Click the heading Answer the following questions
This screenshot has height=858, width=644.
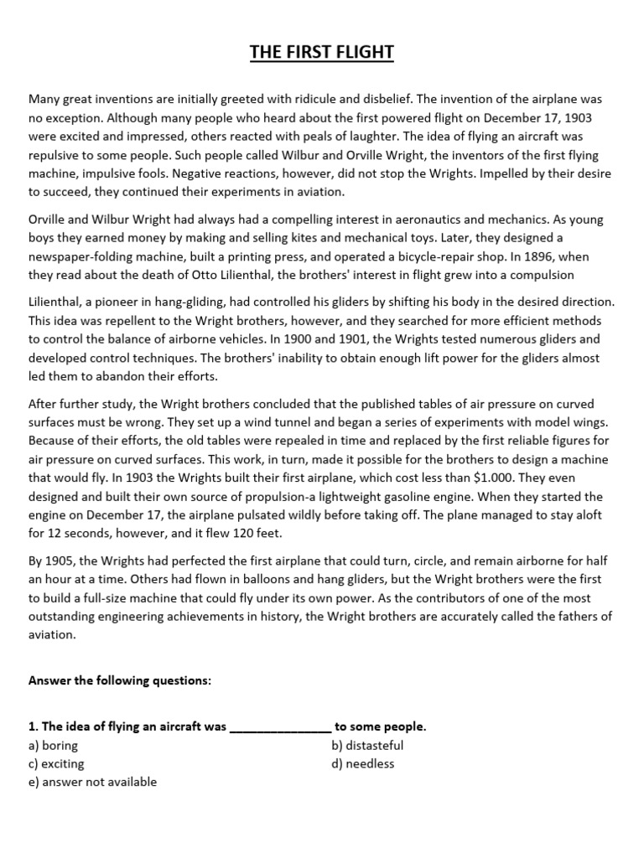(x=120, y=681)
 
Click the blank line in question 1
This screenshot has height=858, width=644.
(x=280, y=727)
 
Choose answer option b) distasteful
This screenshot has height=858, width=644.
(x=367, y=746)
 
